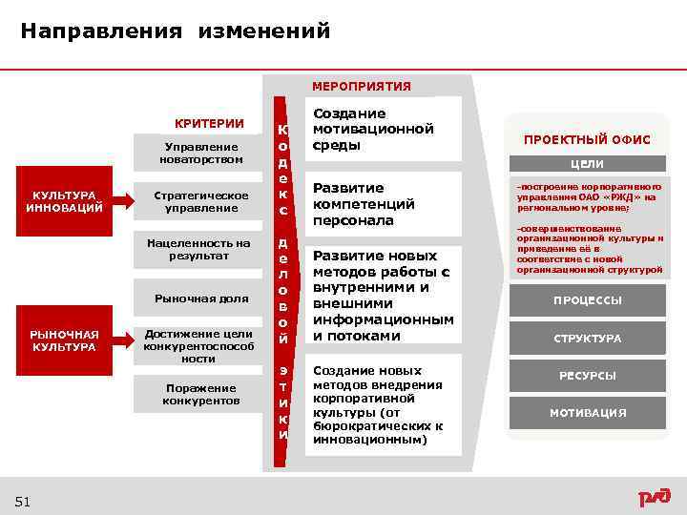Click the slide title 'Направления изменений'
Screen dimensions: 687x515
(176, 31)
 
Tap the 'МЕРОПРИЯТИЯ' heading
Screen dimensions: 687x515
(362, 87)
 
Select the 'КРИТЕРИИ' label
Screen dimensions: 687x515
(209, 124)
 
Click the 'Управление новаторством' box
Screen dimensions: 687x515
(201, 153)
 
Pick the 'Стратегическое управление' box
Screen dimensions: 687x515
(201, 201)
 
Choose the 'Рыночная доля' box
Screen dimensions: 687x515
(201, 299)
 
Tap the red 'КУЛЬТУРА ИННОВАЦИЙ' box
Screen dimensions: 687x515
(64, 201)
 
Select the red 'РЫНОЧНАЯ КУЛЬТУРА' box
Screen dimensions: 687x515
(64, 340)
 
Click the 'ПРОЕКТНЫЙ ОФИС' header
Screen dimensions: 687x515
(587, 140)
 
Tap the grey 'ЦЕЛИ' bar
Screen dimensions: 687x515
(587, 164)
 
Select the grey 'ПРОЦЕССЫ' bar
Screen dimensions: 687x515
(587, 300)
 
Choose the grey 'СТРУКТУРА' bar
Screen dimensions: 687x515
(587, 339)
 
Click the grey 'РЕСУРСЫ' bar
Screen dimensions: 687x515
(587, 376)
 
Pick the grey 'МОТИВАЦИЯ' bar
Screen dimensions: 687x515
(587, 413)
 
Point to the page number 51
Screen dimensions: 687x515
(23, 502)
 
